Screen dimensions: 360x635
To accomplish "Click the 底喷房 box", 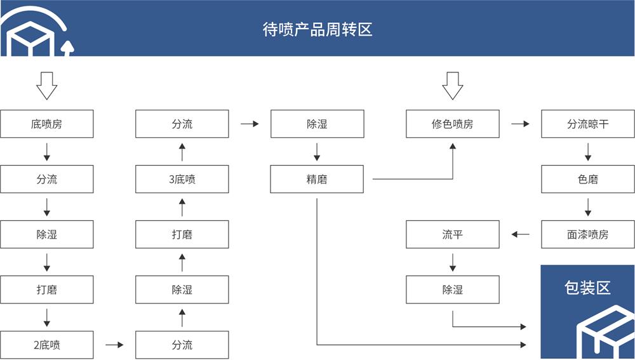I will coord(47,124).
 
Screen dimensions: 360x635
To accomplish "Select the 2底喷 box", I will coord(47,345).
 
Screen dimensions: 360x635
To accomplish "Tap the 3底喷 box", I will coord(182,180).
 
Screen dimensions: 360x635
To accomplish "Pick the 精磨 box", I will coord(317,180).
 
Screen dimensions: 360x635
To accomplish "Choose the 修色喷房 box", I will coord(452,124).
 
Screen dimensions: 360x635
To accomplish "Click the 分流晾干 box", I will coord(587,124).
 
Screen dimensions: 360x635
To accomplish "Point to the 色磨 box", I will coord(587,180).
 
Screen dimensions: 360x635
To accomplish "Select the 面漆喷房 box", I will coord(587,235).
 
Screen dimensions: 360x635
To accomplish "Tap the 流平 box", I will coord(452,235).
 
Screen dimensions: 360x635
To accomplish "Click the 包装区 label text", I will coord(587,288).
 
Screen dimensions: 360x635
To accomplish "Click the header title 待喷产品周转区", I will coord(317,29).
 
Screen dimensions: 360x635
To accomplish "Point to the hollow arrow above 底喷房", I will coord(47,85).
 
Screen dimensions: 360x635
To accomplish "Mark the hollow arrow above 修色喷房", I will coord(452,85).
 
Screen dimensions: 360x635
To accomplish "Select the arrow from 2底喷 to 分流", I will coord(114,345).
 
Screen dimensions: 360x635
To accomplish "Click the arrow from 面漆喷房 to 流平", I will coord(520,235).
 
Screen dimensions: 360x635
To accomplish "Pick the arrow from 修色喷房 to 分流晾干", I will coord(520,124).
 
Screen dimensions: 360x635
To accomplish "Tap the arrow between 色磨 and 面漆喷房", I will coord(588,207).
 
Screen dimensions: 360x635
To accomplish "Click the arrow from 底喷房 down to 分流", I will coord(47,152).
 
